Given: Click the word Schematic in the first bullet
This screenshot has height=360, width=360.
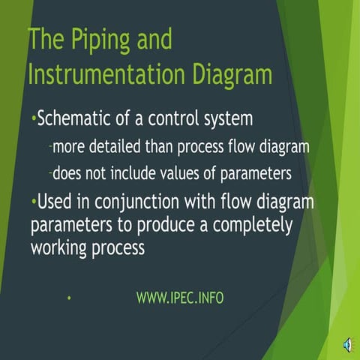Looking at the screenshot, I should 77,118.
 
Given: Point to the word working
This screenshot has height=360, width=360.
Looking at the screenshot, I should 59,247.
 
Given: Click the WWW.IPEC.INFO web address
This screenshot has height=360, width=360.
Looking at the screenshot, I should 180,298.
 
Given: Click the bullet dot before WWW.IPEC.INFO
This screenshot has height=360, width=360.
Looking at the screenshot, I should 68,298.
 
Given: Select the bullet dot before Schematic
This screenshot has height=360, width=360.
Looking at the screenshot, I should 33,118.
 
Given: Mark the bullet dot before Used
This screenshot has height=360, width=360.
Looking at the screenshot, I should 33,202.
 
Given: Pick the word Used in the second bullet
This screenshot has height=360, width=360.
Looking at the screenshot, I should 55,202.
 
